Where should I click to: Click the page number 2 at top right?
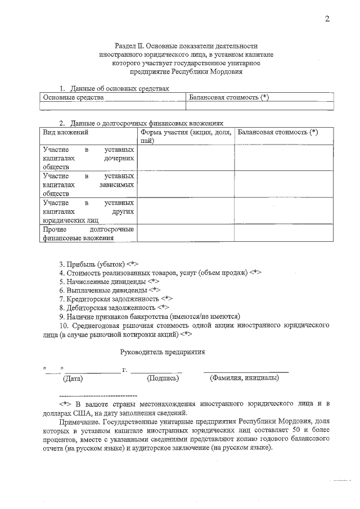(x=327, y=20)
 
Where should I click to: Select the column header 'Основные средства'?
(x=74, y=98)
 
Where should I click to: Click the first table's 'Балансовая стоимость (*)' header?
(x=229, y=98)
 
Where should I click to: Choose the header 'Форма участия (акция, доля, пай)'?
(x=186, y=137)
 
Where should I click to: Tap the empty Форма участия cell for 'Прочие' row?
(x=186, y=233)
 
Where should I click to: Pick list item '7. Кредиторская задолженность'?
(x=116, y=299)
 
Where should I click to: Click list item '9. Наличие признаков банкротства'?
(x=150, y=316)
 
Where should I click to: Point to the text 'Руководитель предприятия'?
(x=163, y=352)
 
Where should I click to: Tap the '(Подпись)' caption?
(x=163, y=379)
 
